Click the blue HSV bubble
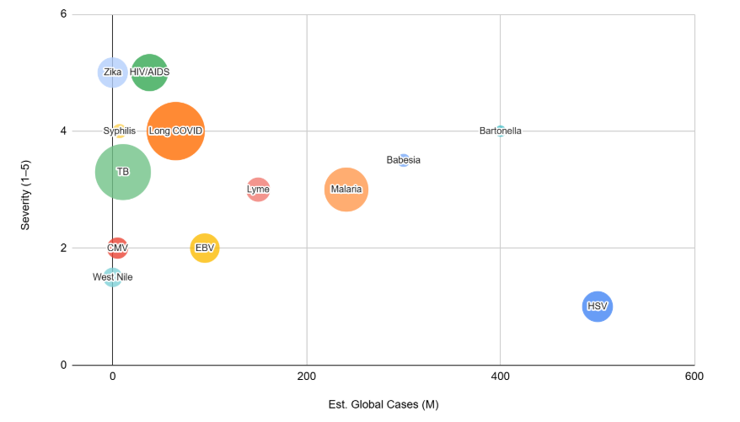[597, 306]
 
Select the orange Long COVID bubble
[175, 131]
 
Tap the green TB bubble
[122, 172]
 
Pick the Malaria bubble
[346, 189]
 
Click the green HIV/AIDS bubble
[149, 72]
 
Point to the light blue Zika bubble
[112, 72]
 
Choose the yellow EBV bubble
[205, 248]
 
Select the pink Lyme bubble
[258, 190]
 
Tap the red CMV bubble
[117, 248]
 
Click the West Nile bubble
[112, 277]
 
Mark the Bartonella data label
[500, 131]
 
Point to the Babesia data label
[403, 160]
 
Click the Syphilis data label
[119, 131]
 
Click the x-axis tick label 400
[500, 377]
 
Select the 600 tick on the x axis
[694, 377]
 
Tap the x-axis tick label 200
[306, 377]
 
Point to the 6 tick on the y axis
[64, 14]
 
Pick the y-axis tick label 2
[64, 248]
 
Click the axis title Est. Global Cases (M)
[383, 404]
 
